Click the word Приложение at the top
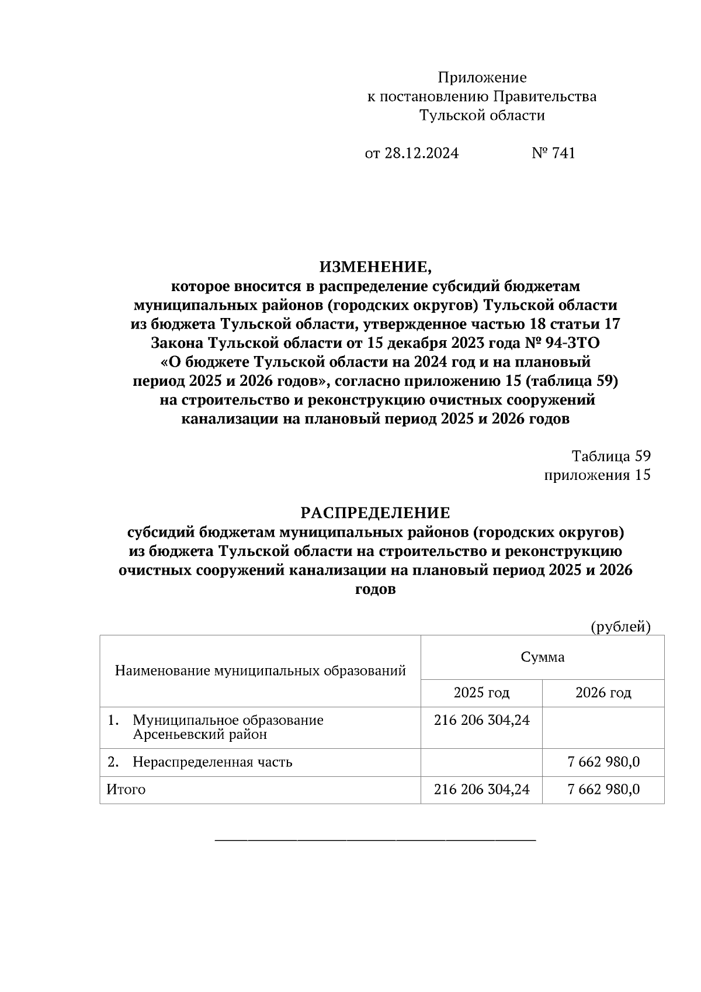tap(482, 78)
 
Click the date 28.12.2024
tap(421, 153)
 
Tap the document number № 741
tap(553, 153)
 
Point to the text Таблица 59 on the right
tap(611, 456)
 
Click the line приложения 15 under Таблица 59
tap(597, 475)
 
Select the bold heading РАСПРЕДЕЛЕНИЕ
tap(376, 513)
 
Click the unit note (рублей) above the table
tap(620, 627)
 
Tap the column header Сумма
tap(543, 657)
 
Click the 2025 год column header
tap(481, 693)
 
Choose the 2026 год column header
tap(603, 693)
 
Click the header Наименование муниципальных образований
tap(260, 670)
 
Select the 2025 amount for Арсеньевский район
tap(481, 720)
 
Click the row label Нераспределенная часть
tap(212, 762)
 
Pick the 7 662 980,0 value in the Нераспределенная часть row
tap(603, 762)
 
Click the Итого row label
tap(126, 790)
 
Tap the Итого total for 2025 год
tap(481, 790)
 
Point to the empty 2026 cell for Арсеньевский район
tap(603, 727)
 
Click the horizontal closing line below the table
tap(376, 840)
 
